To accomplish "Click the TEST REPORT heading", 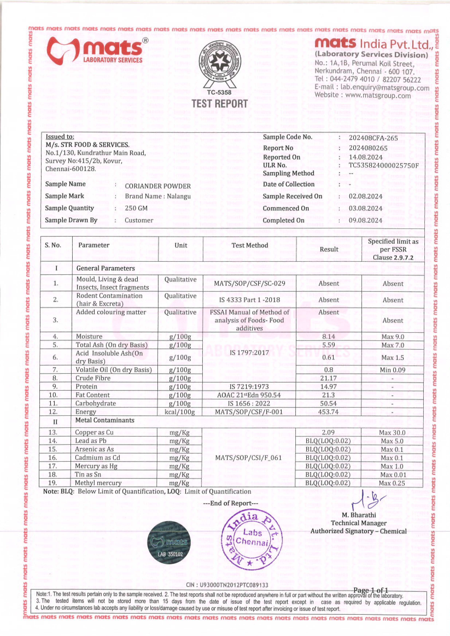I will tap(220, 104).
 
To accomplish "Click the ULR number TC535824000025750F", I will tap(384, 165).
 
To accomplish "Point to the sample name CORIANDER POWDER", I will tap(158, 186).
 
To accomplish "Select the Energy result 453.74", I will tap(328, 412).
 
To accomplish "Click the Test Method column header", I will tap(250, 245).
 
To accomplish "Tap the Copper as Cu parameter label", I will tap(94, 432).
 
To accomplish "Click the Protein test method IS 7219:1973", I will tap(249, 387).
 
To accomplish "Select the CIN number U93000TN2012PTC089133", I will tap(227, 585).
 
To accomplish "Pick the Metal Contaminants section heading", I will tap(105, 420).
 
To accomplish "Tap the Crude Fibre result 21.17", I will tap(328, 378).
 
